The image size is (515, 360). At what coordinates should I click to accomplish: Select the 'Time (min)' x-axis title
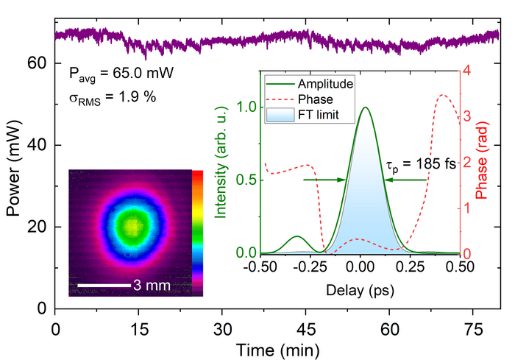pyautogui.click(x=277, y=346)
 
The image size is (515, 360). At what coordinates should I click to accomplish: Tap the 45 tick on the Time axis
pyautogui.click(x=333, y=326)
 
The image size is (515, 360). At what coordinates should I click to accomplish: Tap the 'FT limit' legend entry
pyautogui.click(x=323, y=114)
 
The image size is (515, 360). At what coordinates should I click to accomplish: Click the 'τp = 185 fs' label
pyautogui.click(x=422, y=163)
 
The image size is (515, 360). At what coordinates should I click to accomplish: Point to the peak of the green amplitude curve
pyautogui.click(x=365, y=107)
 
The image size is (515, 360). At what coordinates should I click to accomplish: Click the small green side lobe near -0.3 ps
pyautogui.click(x=297, y=237)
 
